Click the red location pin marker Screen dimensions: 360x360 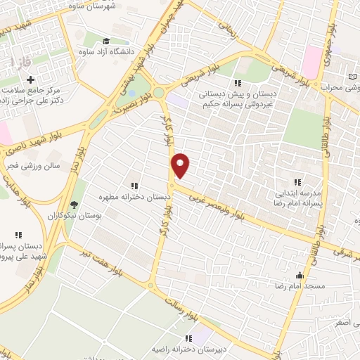(x=181, y=165)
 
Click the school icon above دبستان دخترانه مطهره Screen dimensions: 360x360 (x=134, y=186)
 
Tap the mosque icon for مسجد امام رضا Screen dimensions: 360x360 (x=300, y=275)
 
